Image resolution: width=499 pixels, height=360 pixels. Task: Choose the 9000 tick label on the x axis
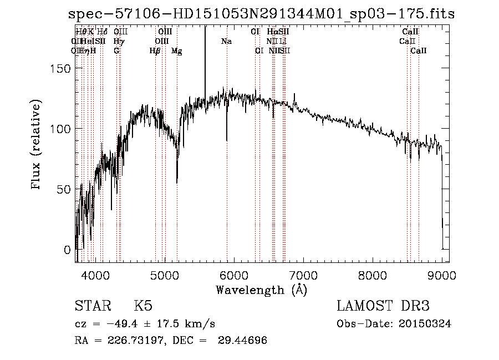click(x=442, y=275)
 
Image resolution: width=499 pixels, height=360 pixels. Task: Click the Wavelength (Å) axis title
click(x=261, y=290)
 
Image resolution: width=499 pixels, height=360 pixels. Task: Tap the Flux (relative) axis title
click(x=37, y=146)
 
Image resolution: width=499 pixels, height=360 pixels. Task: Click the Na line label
click(x=226, y=41)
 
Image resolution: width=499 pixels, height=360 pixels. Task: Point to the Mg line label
click(x=177, y=51)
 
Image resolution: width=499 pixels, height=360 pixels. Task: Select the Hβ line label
click(x=155, y=51)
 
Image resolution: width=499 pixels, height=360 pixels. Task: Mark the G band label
click(x=116, y=51)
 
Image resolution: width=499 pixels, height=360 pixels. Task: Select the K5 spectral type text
click(x=143, y=306)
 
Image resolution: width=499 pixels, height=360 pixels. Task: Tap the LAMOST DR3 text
click(x=383, y=306)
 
